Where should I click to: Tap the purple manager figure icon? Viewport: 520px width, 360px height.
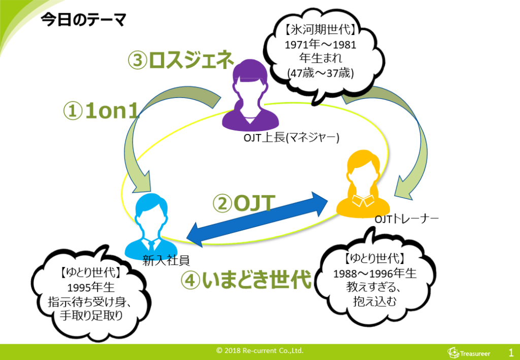point(251,96)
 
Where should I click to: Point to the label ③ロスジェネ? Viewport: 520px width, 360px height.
point(180,61)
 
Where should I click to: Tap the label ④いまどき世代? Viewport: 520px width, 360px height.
point(246,281)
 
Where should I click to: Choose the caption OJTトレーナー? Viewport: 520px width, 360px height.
point(406,219)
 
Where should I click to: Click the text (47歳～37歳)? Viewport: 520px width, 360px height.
point(320,73)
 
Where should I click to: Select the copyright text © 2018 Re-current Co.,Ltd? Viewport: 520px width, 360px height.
point(259,351)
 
